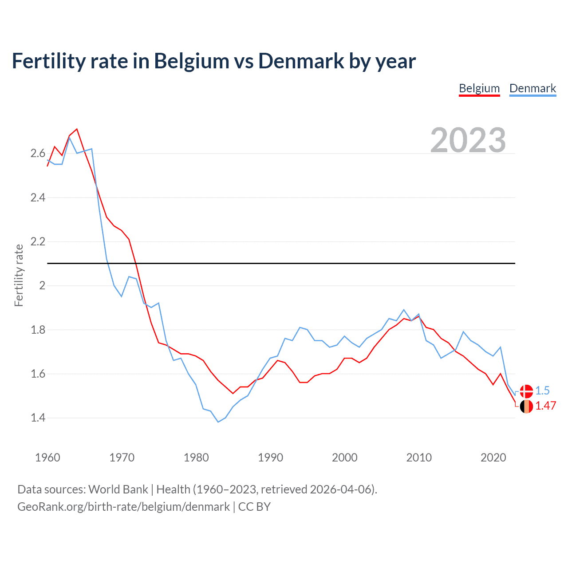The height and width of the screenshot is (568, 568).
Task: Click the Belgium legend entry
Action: click(479, 88)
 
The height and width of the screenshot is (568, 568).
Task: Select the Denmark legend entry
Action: click(532, 88)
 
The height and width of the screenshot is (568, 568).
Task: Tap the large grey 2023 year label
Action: click(468, 140)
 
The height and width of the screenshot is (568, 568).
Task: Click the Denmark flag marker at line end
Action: click(526, 391)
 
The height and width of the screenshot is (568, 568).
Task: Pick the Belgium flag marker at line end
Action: click(526, 406)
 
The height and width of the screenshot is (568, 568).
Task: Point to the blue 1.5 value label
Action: click(542, 390)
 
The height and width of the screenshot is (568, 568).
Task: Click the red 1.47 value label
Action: click(545, 406)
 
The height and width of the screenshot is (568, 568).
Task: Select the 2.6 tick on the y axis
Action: click(38, 154)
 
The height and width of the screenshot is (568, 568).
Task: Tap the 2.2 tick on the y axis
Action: click(38, 242)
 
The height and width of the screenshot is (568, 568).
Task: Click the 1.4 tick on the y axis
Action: click(38, 418)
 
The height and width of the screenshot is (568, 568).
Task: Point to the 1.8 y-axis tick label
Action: click(38, 330)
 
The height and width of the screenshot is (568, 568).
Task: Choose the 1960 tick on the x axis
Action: click(47, 458)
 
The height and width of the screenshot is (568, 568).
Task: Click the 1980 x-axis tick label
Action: click(196, 458)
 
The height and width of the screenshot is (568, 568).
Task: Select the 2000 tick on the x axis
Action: click(344, 458)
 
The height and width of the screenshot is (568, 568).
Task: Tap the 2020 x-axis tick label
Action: click(493, 458)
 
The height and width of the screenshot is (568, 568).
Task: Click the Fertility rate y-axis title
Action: click(19, 275)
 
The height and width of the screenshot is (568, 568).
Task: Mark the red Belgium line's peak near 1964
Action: click(77, 129)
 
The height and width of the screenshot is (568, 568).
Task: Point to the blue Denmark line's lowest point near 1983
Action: click(218, 422)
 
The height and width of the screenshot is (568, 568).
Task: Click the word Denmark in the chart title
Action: click(301, 61)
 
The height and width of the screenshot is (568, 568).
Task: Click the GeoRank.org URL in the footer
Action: click(123, 507)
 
